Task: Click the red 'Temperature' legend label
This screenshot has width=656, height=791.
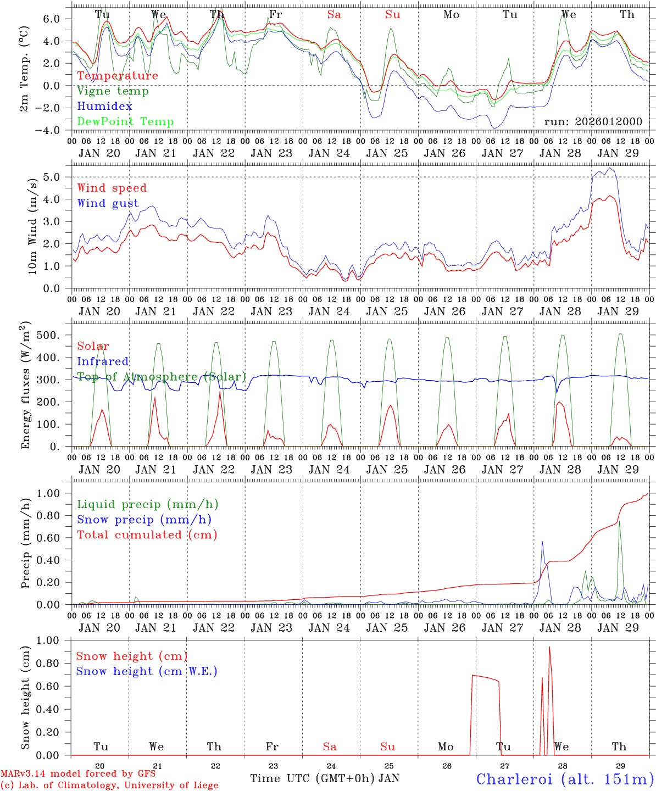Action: (118, 76)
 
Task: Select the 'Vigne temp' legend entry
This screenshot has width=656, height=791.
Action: (113, 91)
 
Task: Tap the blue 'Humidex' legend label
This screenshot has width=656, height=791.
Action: (104, 107)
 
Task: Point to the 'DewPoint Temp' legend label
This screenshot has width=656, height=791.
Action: (125, 122)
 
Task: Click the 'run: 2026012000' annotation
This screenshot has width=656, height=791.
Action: (593, 121)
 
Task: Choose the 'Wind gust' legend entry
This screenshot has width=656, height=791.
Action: (108, 203)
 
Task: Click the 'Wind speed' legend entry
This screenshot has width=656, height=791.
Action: (112, 188)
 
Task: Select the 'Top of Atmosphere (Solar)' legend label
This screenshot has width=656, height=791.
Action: (161, 377)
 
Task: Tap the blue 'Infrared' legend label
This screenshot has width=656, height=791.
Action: (103, 361)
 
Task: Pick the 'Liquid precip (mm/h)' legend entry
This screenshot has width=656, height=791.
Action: (147, 504)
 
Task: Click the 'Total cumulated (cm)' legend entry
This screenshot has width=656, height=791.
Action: (147, 535)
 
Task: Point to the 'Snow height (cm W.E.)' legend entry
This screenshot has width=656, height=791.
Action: (147, 671)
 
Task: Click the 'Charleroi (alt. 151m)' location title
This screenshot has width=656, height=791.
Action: (565, 779)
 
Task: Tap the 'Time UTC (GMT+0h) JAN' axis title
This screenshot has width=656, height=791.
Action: (325, 778)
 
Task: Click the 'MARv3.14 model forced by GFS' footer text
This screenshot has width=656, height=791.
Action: (78, 774)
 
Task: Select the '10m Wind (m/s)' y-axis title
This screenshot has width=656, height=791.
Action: (32, 226)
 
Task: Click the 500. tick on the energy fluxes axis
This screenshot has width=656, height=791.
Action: (54, 335)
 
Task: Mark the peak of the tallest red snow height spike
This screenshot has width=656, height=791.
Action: (549, 647)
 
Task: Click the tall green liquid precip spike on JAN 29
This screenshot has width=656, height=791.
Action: (619, 520)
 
